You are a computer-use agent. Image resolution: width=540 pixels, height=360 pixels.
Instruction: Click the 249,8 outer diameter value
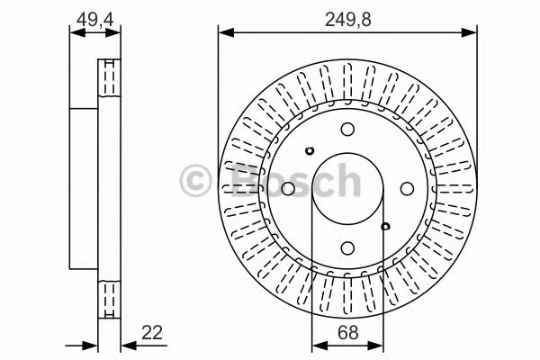[x=346, y=14]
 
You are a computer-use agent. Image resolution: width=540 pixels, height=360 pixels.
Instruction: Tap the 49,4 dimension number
[x=94, y=14]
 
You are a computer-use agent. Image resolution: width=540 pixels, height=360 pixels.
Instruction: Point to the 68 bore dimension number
[x=346, y=332]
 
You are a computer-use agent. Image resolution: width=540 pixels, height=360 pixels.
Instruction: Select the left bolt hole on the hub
[x=287, y=188]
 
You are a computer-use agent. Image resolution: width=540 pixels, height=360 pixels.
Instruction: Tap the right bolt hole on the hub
[x=406, y=188]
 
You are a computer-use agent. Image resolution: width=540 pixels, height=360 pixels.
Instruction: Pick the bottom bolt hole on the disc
[x=346, y=247]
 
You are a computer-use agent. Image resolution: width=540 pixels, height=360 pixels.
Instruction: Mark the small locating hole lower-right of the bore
[x=384, y=226]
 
